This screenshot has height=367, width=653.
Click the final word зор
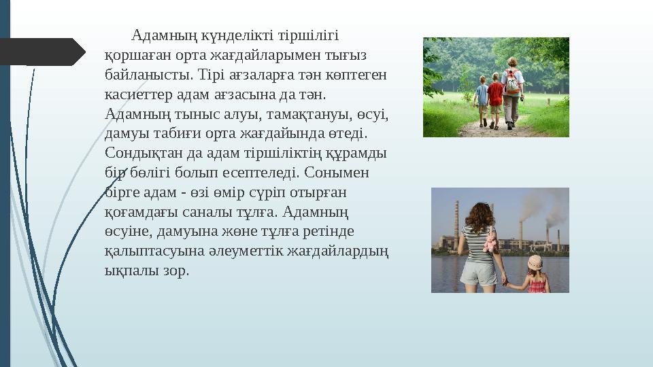click(174, 270)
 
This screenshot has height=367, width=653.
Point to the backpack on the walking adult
click(512, 82)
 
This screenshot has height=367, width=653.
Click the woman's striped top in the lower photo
click(475, 243)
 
